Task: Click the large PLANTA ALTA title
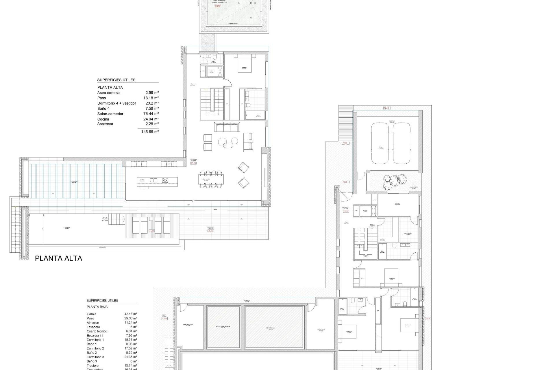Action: [58, 258]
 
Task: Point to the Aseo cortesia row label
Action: [109, 93]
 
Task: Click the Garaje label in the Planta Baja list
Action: [92, 314]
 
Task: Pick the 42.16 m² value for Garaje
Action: [131, 314]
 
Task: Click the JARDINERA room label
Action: [414, 187]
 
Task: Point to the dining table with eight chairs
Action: [211, 179]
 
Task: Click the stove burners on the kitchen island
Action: [165, 180]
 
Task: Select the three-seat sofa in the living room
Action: [227, 127]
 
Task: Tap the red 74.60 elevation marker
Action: [151, 231]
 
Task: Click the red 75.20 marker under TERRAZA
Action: [210, 231]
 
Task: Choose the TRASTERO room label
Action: [321, 330]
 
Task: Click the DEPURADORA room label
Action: [188, 324]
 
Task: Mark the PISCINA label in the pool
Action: [67, 227]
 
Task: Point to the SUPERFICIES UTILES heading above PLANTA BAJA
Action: [102, 301]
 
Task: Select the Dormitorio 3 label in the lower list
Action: [95, 357]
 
